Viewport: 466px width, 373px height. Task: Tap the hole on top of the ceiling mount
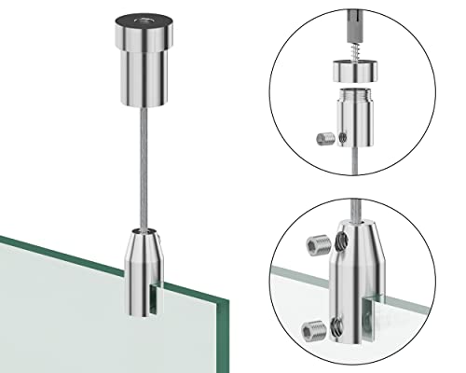(151, 19)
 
